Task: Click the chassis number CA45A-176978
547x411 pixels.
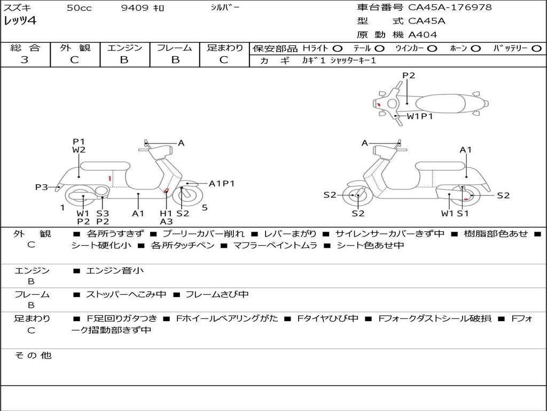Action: click(x=450, y=7)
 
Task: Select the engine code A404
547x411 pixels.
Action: click(x=423, y=35)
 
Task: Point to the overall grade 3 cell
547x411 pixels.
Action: click(x=25, y=60)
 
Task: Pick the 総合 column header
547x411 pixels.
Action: click(x=25, y=48)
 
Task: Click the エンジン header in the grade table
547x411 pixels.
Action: click(x=124, y=48)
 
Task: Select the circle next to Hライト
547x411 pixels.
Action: click(x=338, y=48)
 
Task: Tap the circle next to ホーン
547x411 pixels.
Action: click(x=475, y=48)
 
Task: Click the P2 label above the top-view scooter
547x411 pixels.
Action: click(x=409, y=75)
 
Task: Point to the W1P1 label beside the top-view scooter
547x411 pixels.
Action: click(x=420, y=116)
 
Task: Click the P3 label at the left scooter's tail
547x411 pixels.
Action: click(x=42, y=187)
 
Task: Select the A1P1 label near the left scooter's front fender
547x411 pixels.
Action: click(x=222, y=184)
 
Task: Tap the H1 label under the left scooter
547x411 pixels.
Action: click(x=166, y=213)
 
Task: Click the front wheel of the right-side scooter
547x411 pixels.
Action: click(x=357, y=196)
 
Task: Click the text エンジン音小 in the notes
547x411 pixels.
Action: click(x=115, y=271)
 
